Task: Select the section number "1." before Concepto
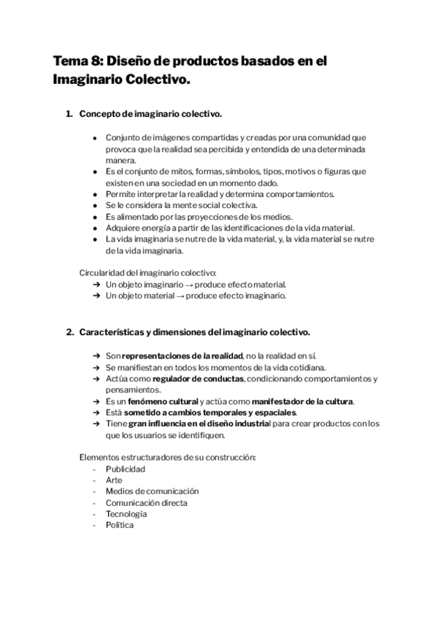[69, 115]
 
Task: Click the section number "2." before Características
[69, 332]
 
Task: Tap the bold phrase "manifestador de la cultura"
[302, 401]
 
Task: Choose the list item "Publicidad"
[126, 469]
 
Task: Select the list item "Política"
[120, 525]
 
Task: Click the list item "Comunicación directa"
[146, 503]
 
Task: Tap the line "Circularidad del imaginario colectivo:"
[147, 273]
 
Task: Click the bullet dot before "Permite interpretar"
[96, 193]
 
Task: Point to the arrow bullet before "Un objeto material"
[96, 296]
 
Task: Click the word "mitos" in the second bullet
[174, 171]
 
